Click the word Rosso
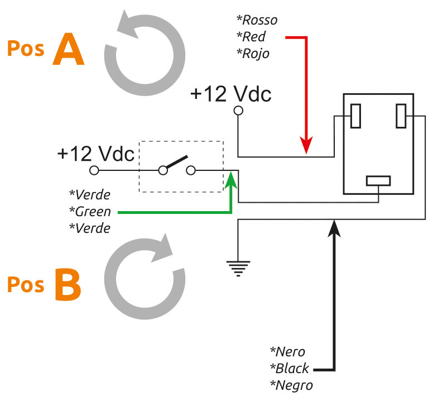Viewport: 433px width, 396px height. click(x=260, y=20)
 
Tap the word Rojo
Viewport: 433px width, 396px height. click(x=256, y=54)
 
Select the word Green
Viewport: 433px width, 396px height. click(x=93, y=212)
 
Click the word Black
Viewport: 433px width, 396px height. click(x=292, y=369)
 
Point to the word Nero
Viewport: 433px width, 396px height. click(x=290, y=352)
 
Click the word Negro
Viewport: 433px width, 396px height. click(x=294, y=385)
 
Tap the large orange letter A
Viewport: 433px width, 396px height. click(x=69, y=49)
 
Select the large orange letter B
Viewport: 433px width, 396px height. click(x=68, y=284)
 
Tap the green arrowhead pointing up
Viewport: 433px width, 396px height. click(x=231, y=180)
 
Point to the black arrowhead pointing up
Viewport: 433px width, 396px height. click(x=334, y=228)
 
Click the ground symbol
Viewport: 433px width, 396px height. click(x=238, y=269)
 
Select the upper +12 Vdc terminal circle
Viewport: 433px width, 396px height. click(x=238, y=111)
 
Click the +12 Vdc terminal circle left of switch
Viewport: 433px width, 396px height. click(x=94, y=170)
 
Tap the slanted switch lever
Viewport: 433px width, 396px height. click(x=177, y=161)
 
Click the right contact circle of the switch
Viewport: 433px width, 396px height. click(x=191, y=170)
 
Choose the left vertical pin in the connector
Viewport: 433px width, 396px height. click(x=355, y=116)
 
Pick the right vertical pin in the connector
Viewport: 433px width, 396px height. click(x=401, y=116)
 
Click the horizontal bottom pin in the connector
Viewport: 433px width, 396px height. click(x=378, y=181)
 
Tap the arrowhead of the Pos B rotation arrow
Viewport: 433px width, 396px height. click(x=162, y=247)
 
